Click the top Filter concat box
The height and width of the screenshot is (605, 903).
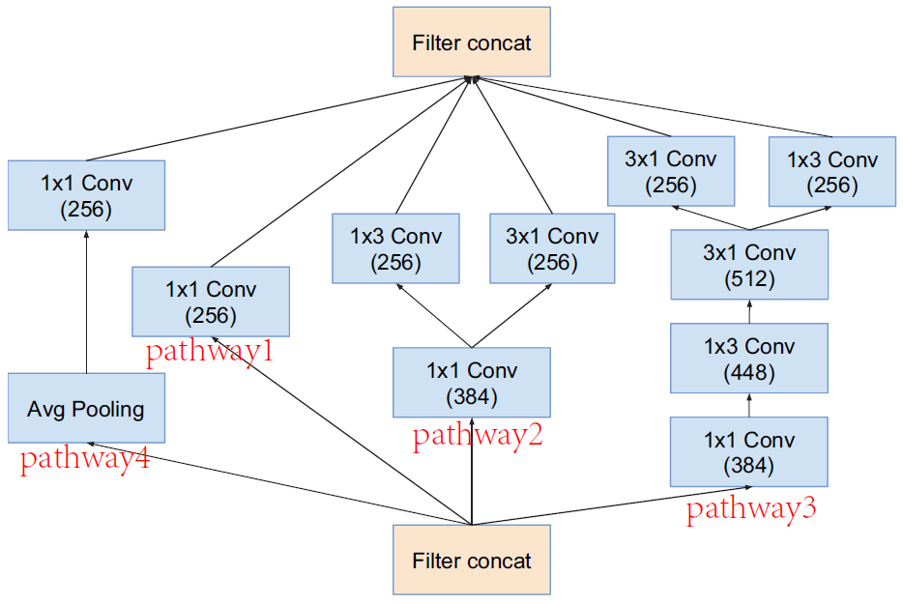[471, 43]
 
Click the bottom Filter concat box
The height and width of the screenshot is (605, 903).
[471, 560]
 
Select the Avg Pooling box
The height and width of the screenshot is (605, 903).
[86, 409]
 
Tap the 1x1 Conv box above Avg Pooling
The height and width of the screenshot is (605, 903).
[86, 195]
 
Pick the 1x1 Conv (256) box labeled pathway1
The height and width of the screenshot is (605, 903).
[210, 302]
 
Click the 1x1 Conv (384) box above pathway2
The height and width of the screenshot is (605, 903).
[471, 383]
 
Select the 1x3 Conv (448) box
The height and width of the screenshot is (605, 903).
[749, 359]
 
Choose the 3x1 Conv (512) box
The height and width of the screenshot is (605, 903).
[749, 265]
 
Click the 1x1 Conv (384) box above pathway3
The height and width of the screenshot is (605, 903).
[749, 452]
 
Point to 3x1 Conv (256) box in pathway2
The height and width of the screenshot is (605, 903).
[552, 248]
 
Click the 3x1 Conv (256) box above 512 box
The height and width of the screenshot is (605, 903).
[671, 171]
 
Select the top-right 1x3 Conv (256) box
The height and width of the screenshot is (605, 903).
[831, 171]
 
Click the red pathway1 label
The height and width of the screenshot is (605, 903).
[210, 352]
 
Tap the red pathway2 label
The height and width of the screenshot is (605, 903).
[478, 436]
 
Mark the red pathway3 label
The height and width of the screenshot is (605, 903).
[751, 509]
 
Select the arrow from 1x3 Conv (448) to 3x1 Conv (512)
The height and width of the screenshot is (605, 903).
[749, 311]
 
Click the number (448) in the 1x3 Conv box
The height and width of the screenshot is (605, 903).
[749, 372]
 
